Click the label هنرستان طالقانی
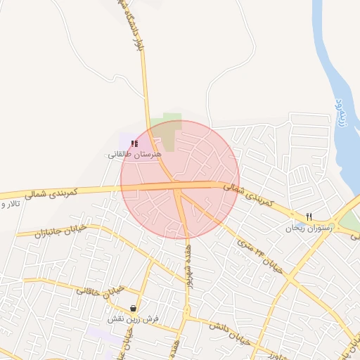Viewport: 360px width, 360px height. pyautogui.click(x=135, y=153)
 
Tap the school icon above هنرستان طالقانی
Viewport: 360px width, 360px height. pyautogui.click(x=134, y=143)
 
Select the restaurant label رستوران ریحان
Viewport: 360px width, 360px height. pyautogui.click(x=307, y=228)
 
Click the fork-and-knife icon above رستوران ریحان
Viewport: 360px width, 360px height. pyautogui.click(x=308, y=217)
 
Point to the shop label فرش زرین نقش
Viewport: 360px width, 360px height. pyautogui.click(x=134, y=319)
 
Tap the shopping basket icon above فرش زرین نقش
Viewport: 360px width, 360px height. pyautogui.click(x=134, y=308)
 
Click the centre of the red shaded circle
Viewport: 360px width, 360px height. pyautogui.click(x=180, y=180)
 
